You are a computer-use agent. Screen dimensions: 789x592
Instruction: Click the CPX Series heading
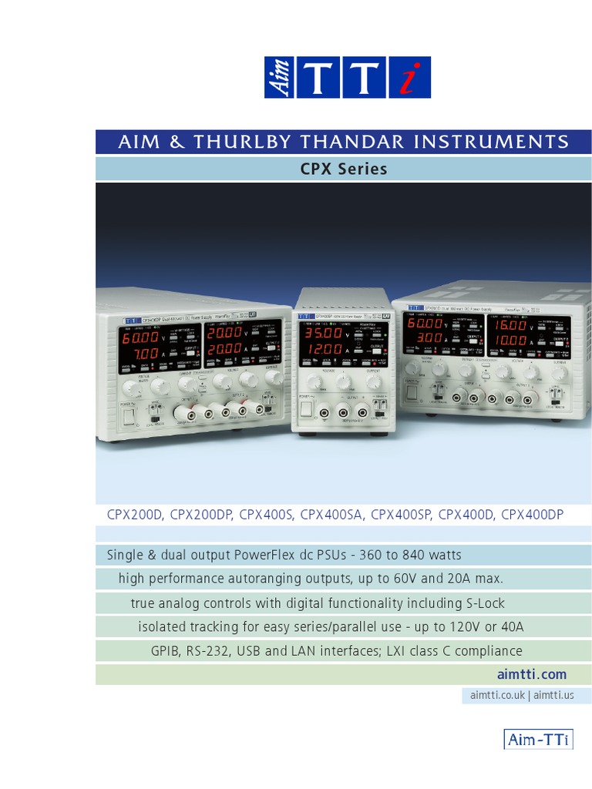pyautogui.click(x=343, y=168)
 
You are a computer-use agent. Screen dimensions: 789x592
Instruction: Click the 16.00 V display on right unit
pyautogui.click(x=510, y=324)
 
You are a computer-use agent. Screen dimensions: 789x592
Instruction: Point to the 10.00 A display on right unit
pyautogui.click(x=510, y=340)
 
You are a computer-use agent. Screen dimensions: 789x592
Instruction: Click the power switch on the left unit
pyautogui.click(x=127, y=416)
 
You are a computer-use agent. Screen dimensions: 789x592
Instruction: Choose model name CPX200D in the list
pyautogui.click(x=135, y=515)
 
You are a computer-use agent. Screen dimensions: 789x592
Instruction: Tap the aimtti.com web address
pyautogui.click(x=538, y=674)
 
